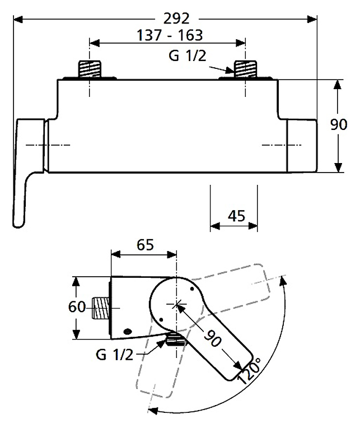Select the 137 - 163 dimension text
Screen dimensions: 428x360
pos(166,35)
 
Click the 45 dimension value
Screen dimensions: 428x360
pos(235,216)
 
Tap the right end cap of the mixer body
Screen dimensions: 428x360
pos(301,146)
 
